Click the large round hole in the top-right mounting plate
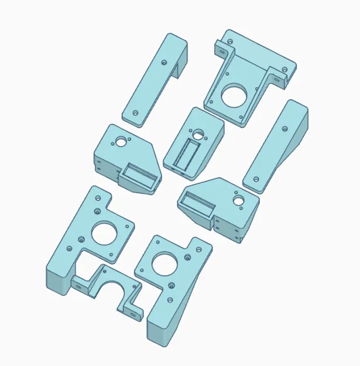[x=234, y=94]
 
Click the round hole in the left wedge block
[x=121, y=141]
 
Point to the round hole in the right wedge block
[x=239, y=200]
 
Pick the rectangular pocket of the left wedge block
[x=141, y=175]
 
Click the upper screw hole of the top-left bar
[x=164, y=60]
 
